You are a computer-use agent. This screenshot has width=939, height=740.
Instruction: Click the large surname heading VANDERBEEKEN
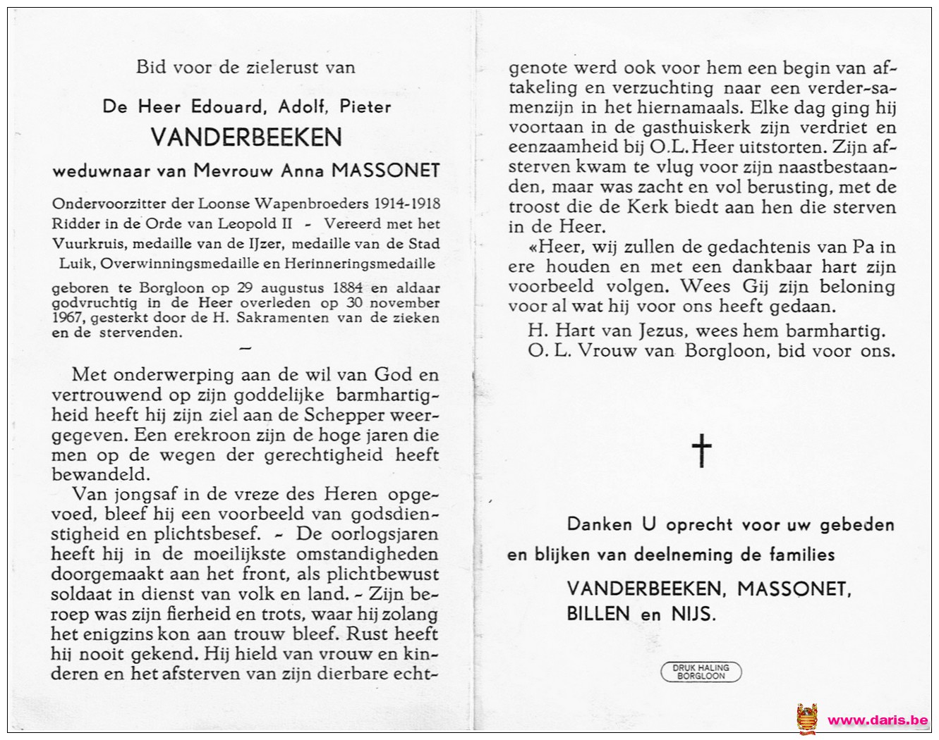246,137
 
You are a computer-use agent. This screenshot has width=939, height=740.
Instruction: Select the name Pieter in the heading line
365,106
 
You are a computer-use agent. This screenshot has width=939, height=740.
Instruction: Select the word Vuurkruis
80,244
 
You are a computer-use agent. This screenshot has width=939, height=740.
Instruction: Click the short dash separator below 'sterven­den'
246,347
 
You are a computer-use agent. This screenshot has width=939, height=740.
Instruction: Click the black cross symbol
701,450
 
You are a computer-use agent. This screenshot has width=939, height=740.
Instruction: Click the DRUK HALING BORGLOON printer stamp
701,672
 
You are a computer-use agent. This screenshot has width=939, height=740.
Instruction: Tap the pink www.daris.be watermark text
877,720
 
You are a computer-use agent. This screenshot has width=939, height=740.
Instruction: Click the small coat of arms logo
807,720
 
